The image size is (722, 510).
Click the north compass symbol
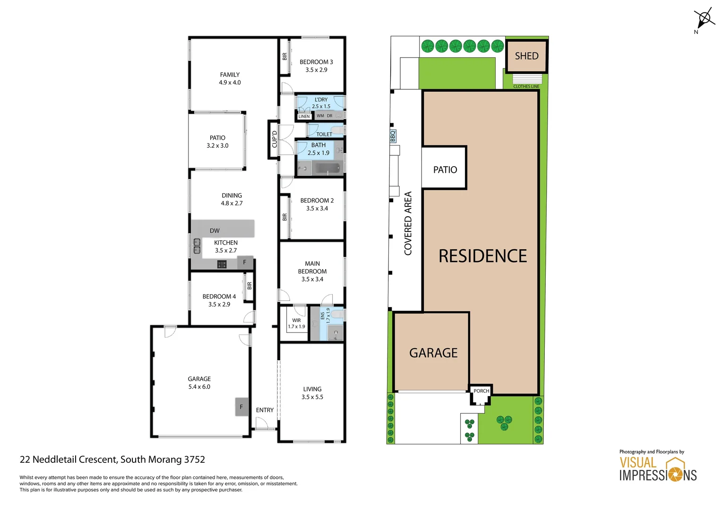coord(704,19)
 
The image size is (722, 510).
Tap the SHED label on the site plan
coord(526,56)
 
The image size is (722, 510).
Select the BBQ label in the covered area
coord(393,136)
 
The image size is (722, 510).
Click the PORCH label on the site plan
coord(481,391)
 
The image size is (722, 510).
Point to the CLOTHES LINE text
coord(526,86)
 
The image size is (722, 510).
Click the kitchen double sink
coord(197,246)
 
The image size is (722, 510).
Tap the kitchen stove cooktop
coord(222,264)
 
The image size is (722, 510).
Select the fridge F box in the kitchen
coord(245,263)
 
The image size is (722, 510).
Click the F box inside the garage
coord(241,407)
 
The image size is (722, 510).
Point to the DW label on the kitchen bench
coord(215,231)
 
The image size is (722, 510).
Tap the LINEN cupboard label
coord(304,116)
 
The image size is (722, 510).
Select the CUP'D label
coord(274,139)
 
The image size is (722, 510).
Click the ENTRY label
coord(265,410)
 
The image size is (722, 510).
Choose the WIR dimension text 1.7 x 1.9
coord(296,326)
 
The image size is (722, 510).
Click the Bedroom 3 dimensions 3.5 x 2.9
coord(316,70)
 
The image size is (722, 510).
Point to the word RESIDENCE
coord(482,256)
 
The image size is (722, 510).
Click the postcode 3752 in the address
coord(194,459)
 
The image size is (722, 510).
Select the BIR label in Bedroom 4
coord(249,286)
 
